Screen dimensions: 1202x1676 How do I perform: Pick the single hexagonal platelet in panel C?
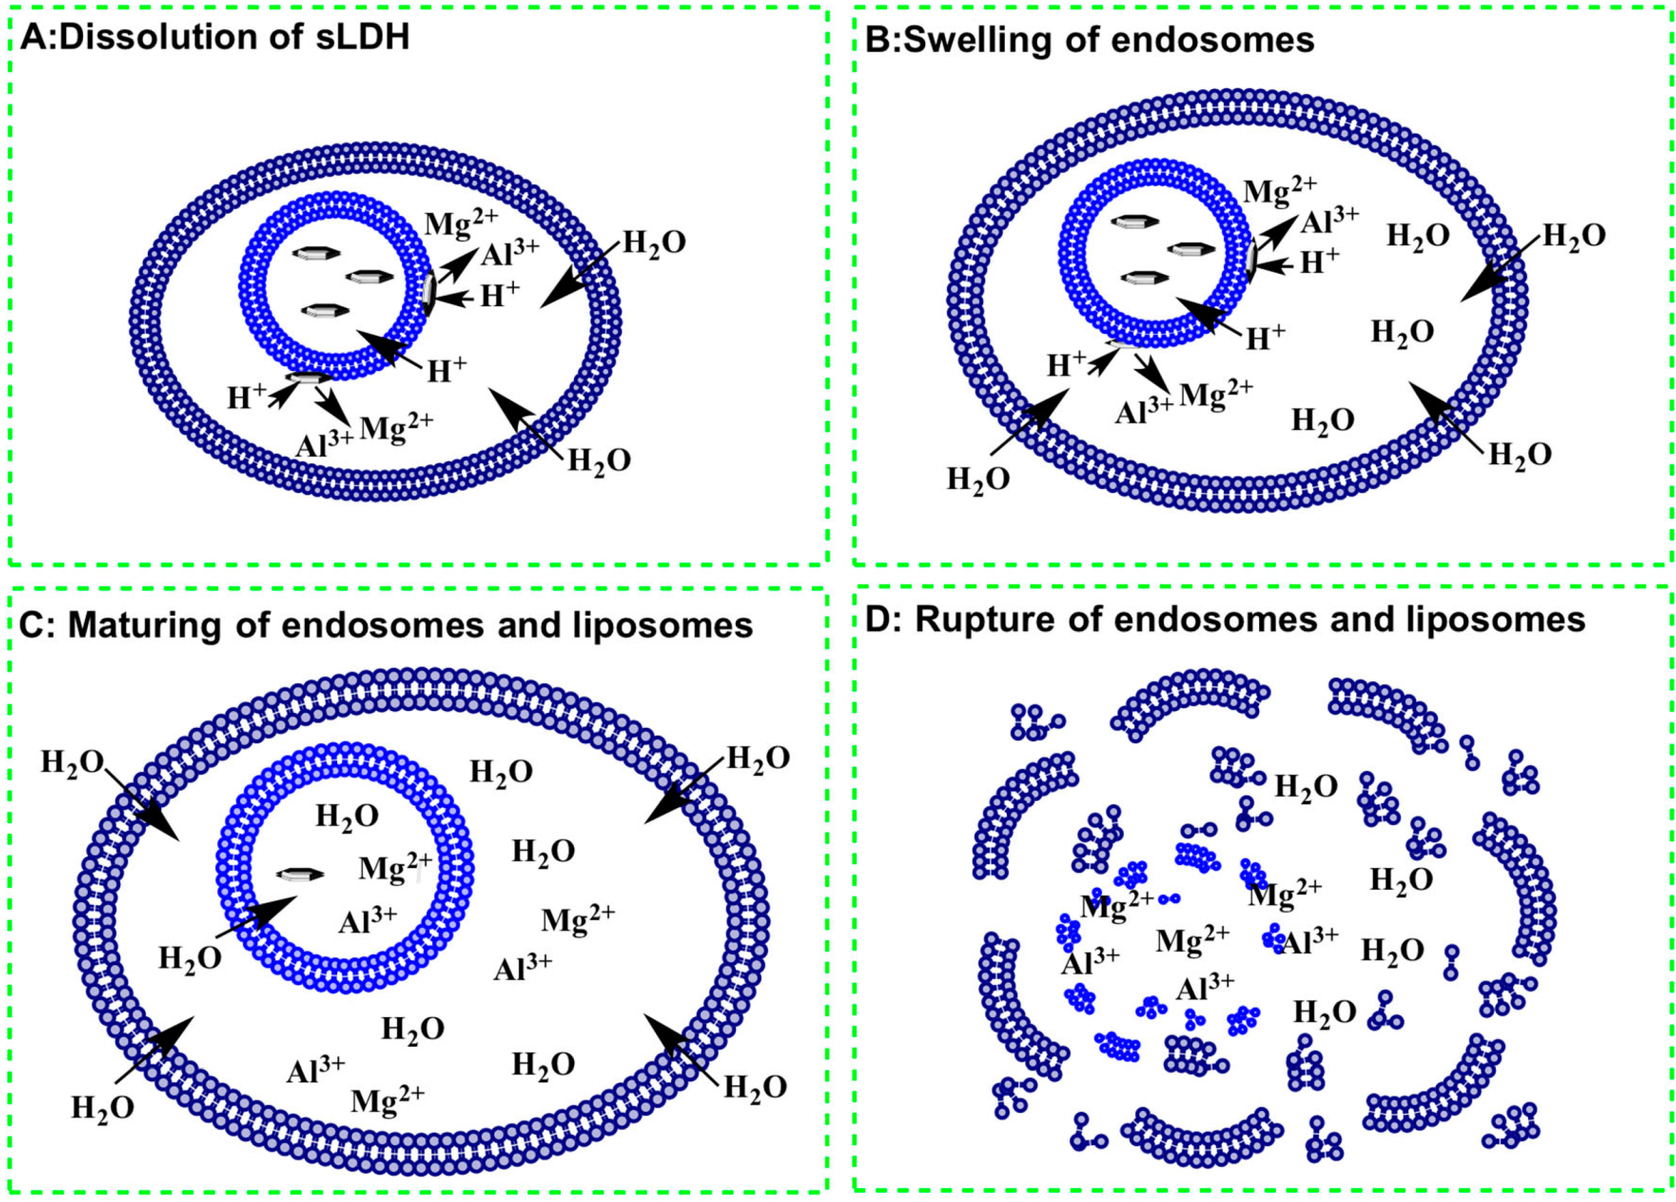point(300,875)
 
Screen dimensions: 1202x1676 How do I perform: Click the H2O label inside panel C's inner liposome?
point(347,817)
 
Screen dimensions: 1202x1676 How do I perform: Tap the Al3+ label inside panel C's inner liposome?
point(368,921)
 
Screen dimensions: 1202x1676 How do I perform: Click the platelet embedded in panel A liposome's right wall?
point(430,294)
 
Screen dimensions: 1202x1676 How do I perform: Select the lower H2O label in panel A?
point(599,461)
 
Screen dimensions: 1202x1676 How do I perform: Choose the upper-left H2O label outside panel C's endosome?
point(73,762)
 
